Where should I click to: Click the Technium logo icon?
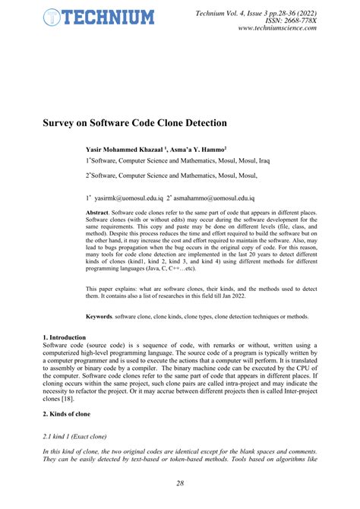tap(52, 16)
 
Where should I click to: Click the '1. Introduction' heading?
tap(65, 337)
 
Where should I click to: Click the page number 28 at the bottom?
tap(179, 483)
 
